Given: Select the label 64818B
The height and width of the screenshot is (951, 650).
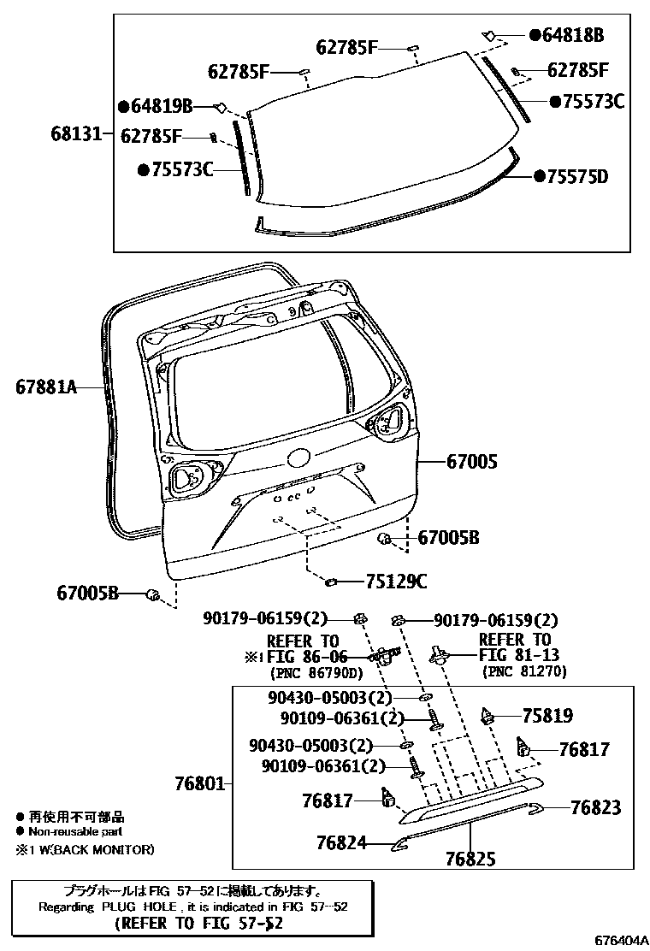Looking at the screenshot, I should pos(571,35).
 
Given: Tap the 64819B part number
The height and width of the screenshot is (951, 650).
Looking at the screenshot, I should pos(159,106).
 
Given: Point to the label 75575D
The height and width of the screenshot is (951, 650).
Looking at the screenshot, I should pos(577,177).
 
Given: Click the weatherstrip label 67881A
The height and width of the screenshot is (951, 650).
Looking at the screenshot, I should pos(45,387).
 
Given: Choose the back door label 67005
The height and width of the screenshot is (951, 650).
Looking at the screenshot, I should pos(470,462).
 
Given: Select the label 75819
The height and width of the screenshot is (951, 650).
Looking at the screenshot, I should pos(547,716).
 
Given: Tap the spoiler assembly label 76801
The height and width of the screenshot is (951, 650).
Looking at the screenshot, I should pos(198,783).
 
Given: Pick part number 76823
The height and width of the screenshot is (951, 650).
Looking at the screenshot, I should pos(595,807).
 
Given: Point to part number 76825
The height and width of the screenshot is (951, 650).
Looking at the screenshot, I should pos(470,859).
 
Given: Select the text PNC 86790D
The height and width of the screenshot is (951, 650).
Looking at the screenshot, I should pos(307,672).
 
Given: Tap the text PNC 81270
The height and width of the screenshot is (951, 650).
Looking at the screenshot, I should pos(524,672).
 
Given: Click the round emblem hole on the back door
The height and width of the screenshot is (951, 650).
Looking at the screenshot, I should pos(298,458).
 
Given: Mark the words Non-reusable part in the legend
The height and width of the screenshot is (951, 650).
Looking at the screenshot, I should pos(76,830).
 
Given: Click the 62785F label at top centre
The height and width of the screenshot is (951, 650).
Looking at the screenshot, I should pos(346,48).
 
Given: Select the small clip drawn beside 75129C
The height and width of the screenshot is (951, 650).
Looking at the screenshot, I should pos(330,583).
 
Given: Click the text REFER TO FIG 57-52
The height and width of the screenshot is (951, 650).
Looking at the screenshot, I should pos(198,924).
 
